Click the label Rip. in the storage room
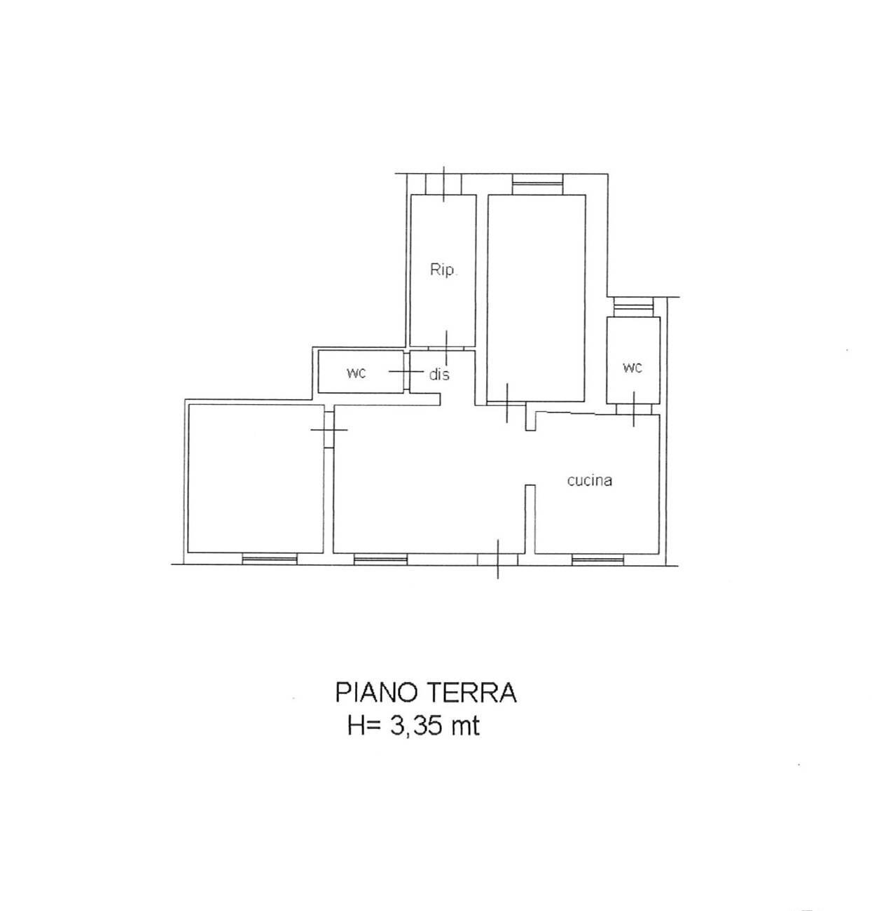pyautogui.click(x=443, y=270)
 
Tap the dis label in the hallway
pyautogui.click(x=439, y=375)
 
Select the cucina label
pyautogui.click(x=589, y=480)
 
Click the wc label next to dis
pyautogui.click(x=356, y=373)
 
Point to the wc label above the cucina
pyautogui.click(x=632, y=367)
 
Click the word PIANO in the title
pyautogui.click(x=375, y=693)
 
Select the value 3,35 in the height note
pyautogui.click(x=416, y=726)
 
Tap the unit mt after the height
pyautogui.click(x=465, y=726)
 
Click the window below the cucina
pyautogui.click(x=597, y=559)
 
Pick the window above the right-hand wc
pyautogui.click(x=632, y=307)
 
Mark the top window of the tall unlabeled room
pyautogui.click(x=537, y=184)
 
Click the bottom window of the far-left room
pyautogui.click(x=270, y=559)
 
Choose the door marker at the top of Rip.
pyautogui.click(x=444, y=184)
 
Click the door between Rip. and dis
pyautogui.click(x=445, y=346)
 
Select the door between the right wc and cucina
pyautogui.click(x=634, y=409)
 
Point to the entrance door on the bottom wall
pyautogui.click(x=498, y=559)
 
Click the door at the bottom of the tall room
pyautogui.click(x=507, y=404)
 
